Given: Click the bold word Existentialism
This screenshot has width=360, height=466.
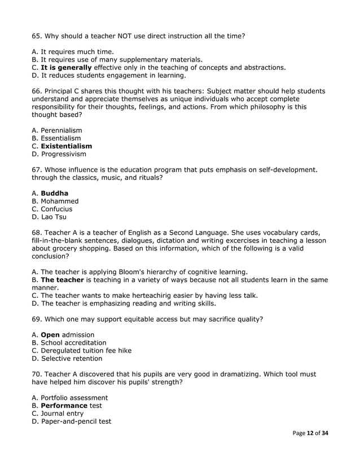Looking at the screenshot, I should point(67,146).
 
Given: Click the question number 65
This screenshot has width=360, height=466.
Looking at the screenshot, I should point(37,36).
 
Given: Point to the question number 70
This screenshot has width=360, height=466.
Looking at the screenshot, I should point(37,374).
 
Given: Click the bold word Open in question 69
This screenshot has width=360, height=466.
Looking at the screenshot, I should point(50,335).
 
